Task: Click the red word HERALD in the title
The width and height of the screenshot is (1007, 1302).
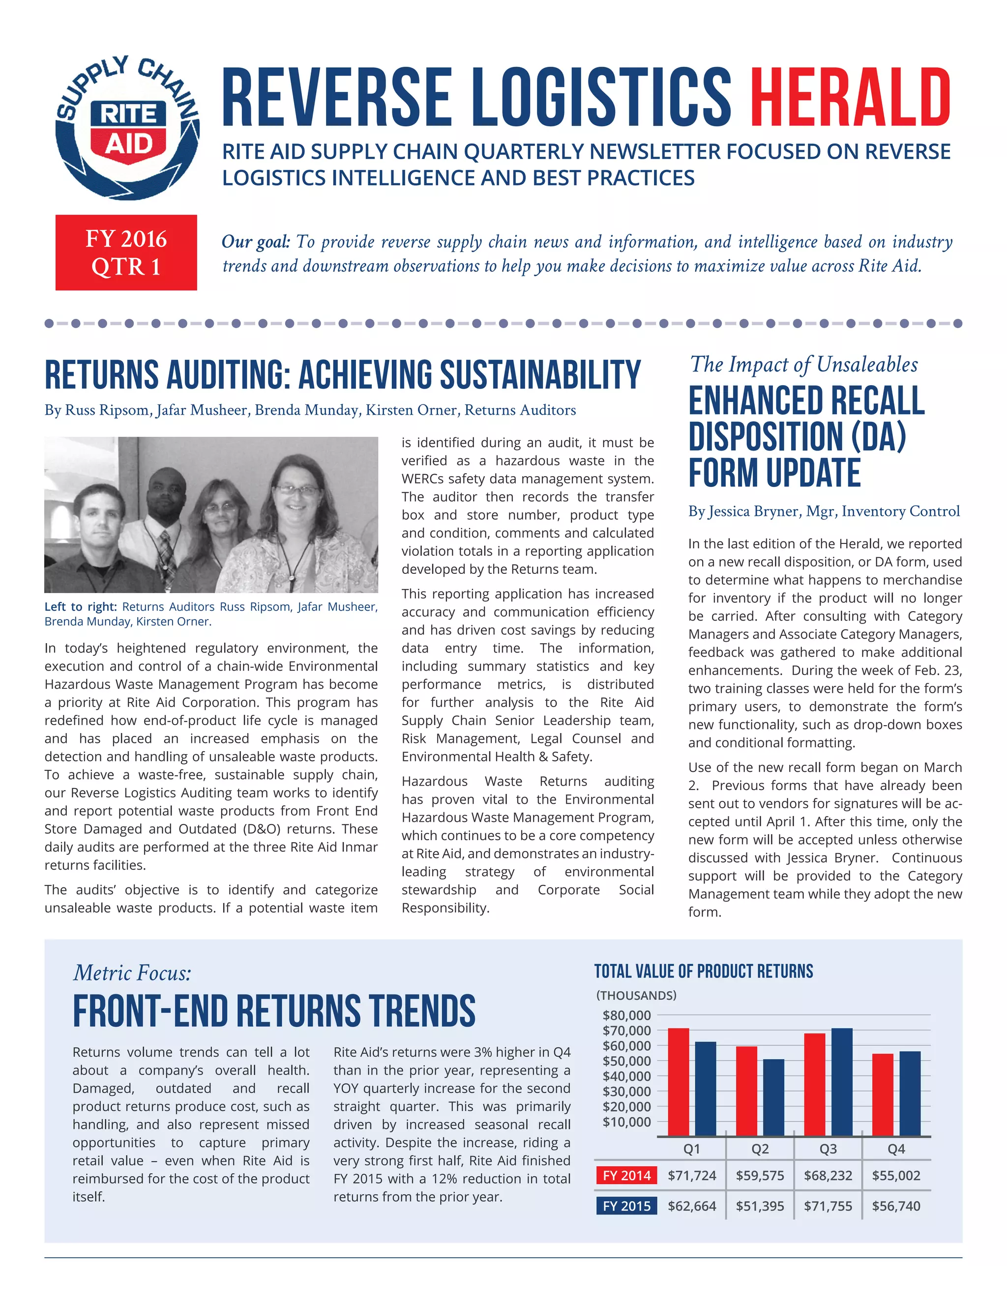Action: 850,97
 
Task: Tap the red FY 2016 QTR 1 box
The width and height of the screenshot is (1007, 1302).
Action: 126,252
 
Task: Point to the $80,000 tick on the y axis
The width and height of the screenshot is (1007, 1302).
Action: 626,1015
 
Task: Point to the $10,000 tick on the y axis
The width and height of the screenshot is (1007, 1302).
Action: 626,1122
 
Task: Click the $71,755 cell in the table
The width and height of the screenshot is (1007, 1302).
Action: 828,1206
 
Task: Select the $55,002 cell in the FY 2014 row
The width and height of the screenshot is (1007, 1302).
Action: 896,1176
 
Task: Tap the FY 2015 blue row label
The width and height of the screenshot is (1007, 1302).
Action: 626,1206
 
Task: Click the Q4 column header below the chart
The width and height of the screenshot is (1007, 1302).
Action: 896,1149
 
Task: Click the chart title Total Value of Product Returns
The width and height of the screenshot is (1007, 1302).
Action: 703,972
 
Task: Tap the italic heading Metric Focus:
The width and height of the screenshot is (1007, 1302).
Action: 132,973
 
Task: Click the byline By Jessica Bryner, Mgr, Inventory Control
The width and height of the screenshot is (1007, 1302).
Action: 824,511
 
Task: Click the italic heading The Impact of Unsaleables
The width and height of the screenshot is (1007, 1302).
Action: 803,364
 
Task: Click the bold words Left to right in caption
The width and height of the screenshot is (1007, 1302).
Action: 81,607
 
